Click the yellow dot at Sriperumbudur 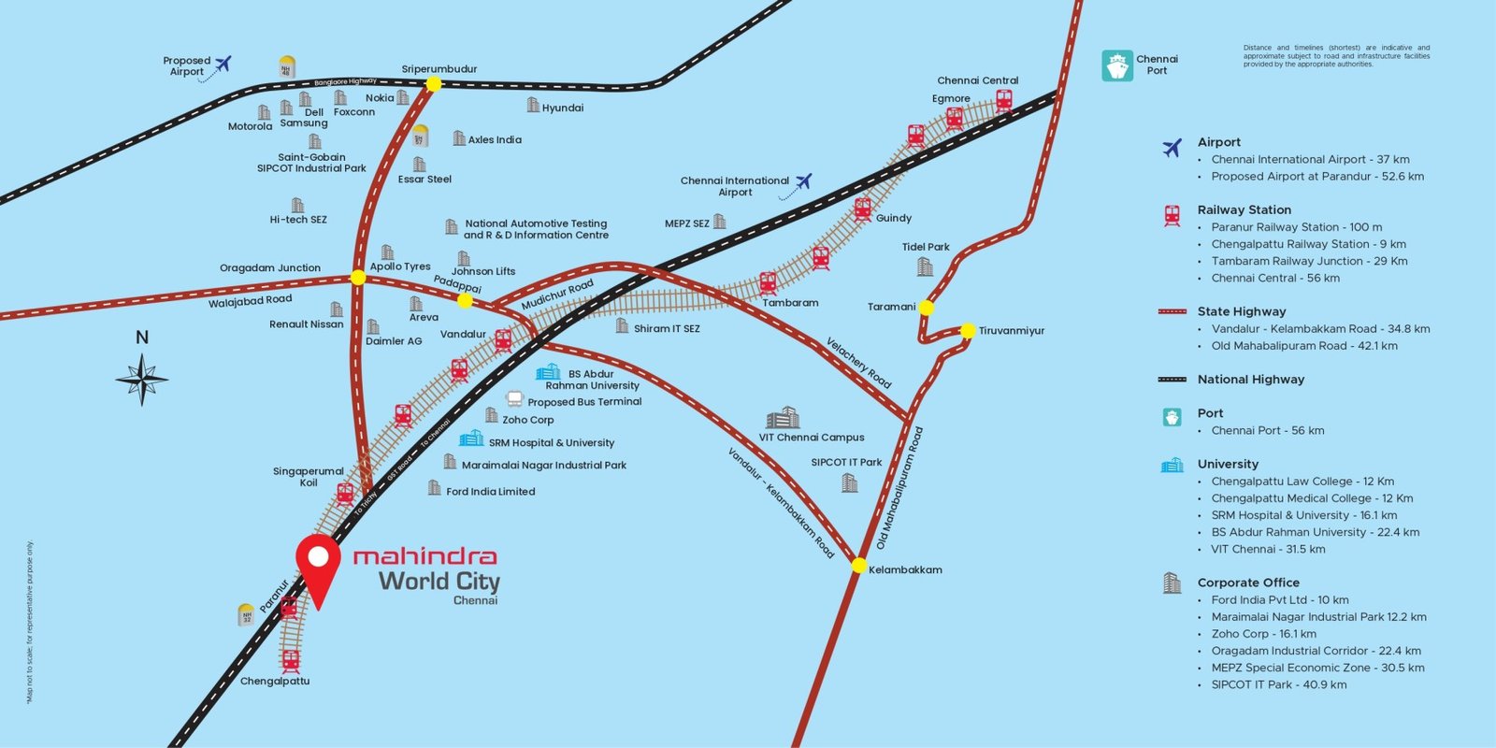(x=433, y=84)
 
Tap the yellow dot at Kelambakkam (x=858, y=565)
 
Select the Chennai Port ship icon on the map (x=1117, y=65)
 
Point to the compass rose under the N (x=142, y=380)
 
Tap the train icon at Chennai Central (x=1003, y=100)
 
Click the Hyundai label (x=563, y=108)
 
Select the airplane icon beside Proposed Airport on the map (x=223, y=64)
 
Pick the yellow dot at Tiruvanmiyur (x=968, y=330)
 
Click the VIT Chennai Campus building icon (x=783, y=418)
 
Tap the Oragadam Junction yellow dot (x=358, y=277)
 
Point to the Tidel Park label (x=926, y=247)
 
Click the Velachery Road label (x=858, y=363)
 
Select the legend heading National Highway (x=1250, y=380)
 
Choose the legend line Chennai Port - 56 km (x=1267, y=430)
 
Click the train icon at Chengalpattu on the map (x=291, y=660)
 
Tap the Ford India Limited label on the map (x=490, y=491)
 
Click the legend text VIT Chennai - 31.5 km (x=1268, y=549)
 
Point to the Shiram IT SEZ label (x=666, y=328)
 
